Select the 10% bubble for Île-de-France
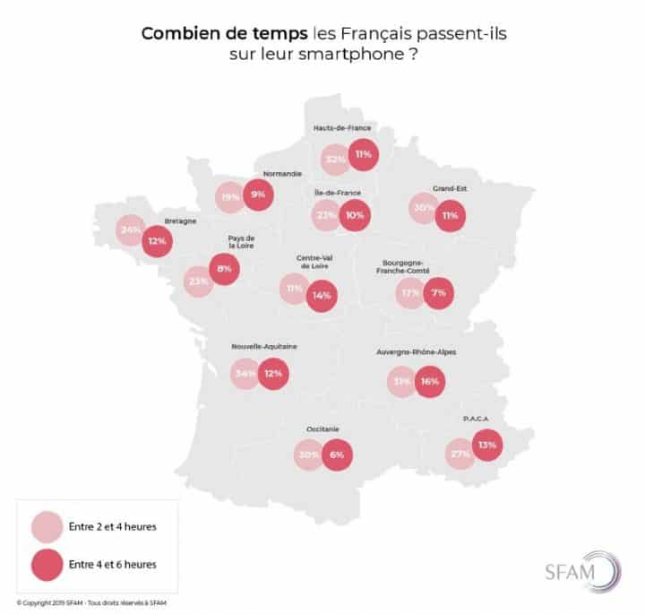pyautogui.click(x=355, y=215)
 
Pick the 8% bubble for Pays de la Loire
pyautogui.click(x=223, y=267)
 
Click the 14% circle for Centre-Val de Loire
pyautogui.click(x=322, y=294)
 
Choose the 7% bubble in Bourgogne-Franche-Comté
pyautogui.click(x=439, y=293)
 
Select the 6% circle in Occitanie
pyautogui.click(x=337, y=454)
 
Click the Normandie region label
pyautogui.click(x=282, y=174)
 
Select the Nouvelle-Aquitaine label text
pyautogui.click(x=264, y=345)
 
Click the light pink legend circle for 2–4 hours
pyautogui.click(x=46, y=526)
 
